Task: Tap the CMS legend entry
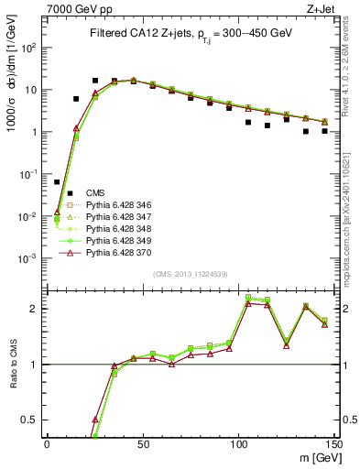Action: click(95, 192)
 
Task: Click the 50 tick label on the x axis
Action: click(142, 442)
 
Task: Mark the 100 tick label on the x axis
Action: click(238, 442)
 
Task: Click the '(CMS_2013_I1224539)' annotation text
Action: click(191, 273)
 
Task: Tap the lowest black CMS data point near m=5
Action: click(57, 182)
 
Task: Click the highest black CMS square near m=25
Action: click(95, 81)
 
